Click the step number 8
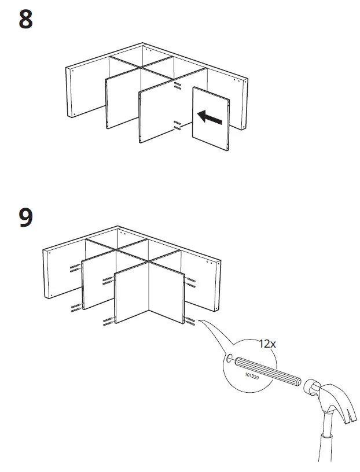[26, 20]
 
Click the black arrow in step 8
[209, 117]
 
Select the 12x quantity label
[267, 344]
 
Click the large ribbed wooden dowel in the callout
[267, 370]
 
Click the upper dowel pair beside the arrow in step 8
[178, 86]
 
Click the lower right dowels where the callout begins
[190, 320]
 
